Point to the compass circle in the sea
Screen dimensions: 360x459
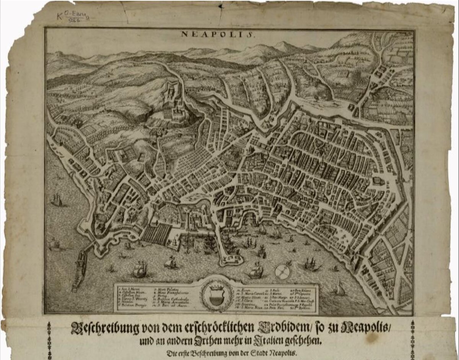click(283, 272)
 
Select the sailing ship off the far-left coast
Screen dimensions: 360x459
click(57, 199)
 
